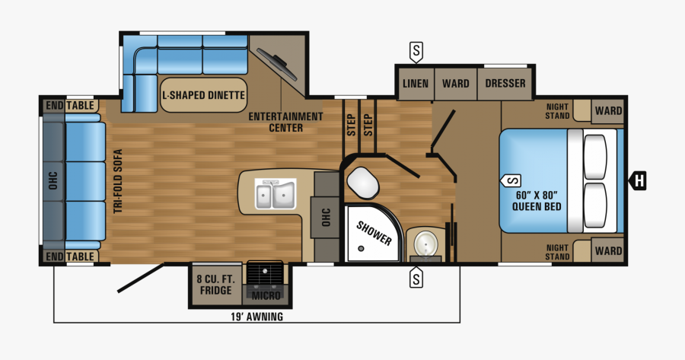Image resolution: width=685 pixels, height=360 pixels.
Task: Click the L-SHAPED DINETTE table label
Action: coord(203,95)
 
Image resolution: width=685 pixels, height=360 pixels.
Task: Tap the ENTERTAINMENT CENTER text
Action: coord(285,122)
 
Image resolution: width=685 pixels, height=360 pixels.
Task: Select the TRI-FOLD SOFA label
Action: coord(119,180)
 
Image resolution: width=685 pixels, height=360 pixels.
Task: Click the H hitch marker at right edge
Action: coord(639,180)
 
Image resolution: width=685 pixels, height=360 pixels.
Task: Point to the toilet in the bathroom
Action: coord(363,181)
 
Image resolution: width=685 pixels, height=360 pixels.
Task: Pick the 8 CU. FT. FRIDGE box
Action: coord(215,284)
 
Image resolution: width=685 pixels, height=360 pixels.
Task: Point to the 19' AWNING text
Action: coord(257,317)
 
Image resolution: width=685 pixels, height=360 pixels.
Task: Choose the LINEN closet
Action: coord(415,83)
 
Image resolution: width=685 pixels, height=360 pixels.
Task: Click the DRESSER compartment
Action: coord(505,83)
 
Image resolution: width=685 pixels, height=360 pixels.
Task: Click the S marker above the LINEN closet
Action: coord(416,52)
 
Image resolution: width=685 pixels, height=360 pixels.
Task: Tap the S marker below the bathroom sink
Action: coord(416,279)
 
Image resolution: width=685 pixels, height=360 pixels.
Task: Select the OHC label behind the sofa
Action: coord(53,180)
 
